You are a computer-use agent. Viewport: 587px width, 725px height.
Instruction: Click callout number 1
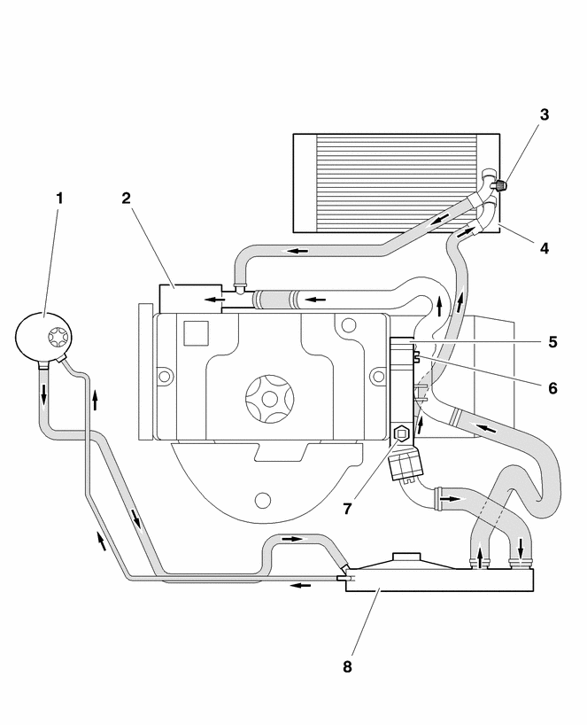59,199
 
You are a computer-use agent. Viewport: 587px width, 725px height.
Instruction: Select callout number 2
127,198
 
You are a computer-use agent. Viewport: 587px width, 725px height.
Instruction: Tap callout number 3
545,114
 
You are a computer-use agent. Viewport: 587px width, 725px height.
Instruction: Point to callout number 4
545,249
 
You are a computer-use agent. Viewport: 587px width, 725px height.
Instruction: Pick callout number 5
551,340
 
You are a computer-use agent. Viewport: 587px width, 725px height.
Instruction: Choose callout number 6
551,387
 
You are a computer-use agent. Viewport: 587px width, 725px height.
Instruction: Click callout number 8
347,667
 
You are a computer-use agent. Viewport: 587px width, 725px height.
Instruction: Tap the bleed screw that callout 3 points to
500,186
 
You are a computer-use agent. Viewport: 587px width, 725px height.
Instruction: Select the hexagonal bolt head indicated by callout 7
400,434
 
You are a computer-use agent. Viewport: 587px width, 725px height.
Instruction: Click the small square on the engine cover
194,332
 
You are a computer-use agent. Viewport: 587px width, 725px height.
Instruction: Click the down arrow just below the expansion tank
42,391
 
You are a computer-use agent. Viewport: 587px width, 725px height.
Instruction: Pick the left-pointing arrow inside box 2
213,300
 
